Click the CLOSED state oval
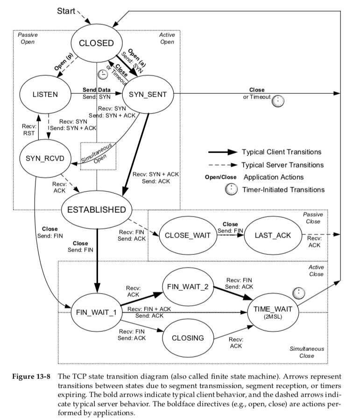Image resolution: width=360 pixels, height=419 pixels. click(97, 43)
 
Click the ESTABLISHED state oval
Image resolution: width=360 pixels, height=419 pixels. click(97, 209)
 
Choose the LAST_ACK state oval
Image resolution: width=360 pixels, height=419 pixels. click(273, 235)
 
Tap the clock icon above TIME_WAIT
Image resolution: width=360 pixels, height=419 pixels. click(298, 293)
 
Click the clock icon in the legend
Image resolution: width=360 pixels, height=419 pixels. click(231, 189)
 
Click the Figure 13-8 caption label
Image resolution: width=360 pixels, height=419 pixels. click(31, 376)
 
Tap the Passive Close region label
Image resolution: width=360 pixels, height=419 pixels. click(313, 218)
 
